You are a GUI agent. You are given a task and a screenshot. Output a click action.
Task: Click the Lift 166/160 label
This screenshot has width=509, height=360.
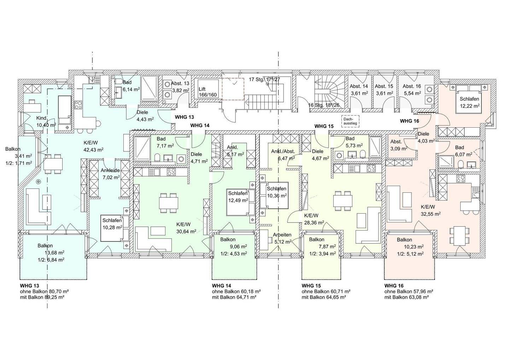207,92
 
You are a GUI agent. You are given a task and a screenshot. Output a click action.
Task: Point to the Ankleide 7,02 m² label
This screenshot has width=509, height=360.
110,174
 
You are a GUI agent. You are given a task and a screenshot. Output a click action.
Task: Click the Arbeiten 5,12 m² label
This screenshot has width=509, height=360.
282,238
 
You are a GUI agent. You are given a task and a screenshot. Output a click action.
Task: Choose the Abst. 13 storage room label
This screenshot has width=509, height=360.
180,87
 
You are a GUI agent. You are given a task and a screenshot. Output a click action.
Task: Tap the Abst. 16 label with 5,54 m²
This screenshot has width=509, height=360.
412,90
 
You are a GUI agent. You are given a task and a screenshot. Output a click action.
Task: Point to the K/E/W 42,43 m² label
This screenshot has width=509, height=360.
93,146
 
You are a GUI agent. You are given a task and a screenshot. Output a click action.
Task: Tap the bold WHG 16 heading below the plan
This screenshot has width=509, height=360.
394,286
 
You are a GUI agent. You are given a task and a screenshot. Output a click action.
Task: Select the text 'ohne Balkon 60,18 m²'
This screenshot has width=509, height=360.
236,291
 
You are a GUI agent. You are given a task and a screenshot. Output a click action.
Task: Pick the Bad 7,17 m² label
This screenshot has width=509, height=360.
165,142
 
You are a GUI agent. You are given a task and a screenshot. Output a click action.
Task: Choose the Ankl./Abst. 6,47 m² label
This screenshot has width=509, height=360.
283,155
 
